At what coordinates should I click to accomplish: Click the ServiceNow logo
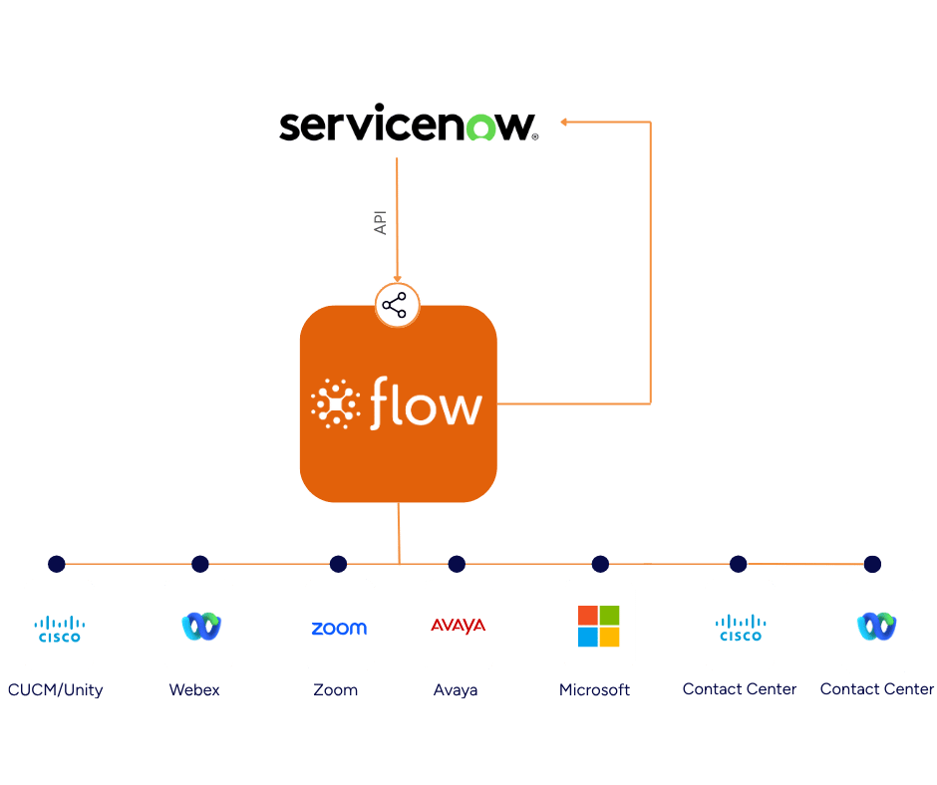click(409, 128)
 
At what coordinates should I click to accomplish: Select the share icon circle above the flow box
click(398, 305)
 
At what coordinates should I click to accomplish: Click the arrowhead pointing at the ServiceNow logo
click(563, 122)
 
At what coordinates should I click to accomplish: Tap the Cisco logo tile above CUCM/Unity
click(59, 625)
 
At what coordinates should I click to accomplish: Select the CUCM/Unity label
click(55, 689)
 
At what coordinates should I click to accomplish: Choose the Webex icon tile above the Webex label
click(199, 625)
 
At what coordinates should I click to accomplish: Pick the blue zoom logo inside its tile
click(339, 628)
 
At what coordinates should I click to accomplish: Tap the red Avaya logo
click(458, 626)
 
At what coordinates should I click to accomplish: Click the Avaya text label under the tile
click(456, 689)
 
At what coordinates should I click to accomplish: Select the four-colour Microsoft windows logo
click(599, 626)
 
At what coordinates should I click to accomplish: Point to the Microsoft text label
click(594, 689)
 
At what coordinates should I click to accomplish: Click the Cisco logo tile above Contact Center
click(739, 625)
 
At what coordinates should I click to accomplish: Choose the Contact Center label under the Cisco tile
click(740, 688)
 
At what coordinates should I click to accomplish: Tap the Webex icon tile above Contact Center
click(877, 626)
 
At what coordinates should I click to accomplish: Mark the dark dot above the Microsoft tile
click(600, 565)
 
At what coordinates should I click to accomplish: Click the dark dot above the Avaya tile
click(457, 565)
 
